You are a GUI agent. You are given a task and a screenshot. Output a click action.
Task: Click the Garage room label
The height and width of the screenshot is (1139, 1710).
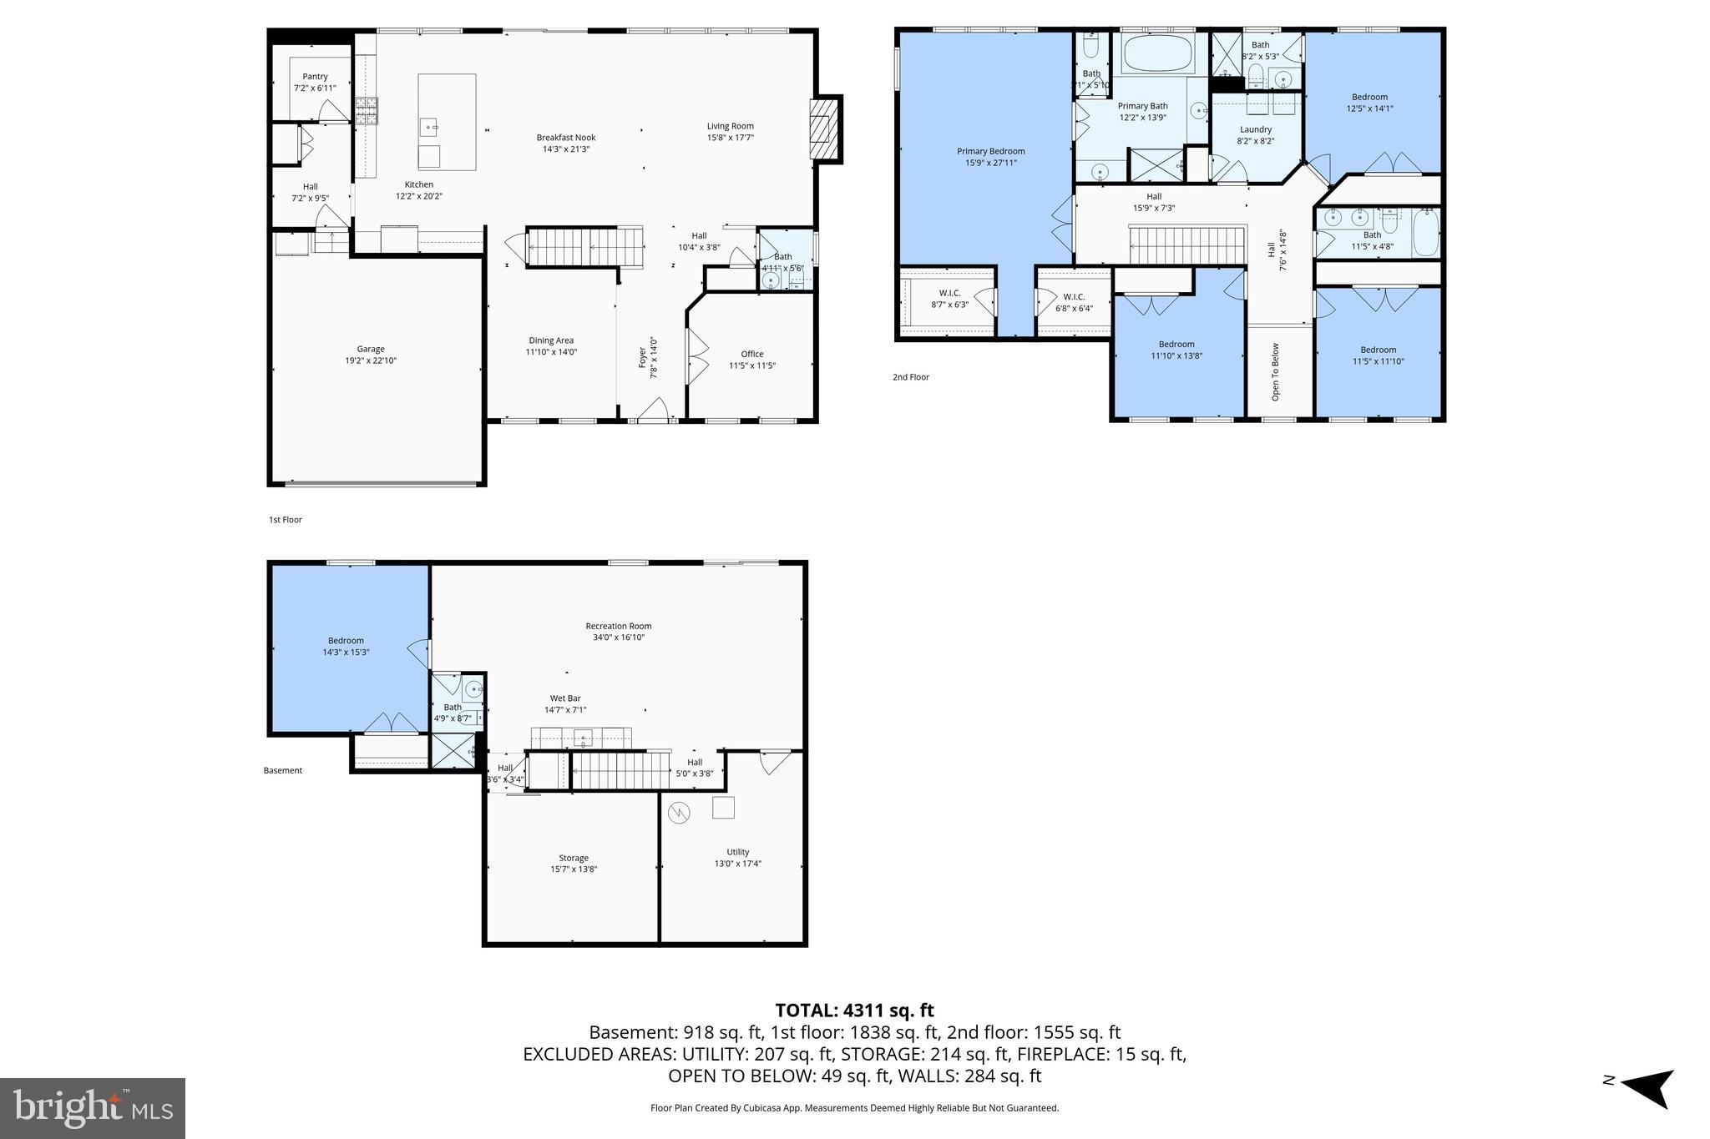pyautogui.click(x=371, y=350)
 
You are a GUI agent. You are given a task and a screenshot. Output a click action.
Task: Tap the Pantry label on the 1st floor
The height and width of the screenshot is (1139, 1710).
pyautogui.click(x=315, y=77)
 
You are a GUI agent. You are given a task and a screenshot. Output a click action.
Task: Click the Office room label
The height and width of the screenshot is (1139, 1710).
pyautogui.click(x=751, y=354)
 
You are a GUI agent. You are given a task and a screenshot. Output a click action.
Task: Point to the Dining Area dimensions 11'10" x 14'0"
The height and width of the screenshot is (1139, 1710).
pyautogui.click(x=551, y=352)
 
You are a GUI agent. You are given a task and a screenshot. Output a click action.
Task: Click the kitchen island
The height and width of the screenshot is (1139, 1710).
pyautogui.click(x=447, y=121)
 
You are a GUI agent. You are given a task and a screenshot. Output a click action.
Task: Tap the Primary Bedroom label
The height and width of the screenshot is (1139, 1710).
pyautogui.click(x=990, y=152)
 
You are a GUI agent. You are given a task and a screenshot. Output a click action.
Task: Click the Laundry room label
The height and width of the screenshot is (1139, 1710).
pyautogui.click(x=1255, y=129)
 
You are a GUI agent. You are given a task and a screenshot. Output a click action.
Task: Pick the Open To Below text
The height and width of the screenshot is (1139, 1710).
pyautogui.click(x=1275, y=371)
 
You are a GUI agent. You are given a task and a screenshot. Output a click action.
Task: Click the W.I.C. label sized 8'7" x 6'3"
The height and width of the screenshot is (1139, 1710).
pyautogui.click(x=949, y=293)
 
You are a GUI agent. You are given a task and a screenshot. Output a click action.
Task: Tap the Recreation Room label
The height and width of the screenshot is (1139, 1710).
pyautogui.click(x=618, y=626)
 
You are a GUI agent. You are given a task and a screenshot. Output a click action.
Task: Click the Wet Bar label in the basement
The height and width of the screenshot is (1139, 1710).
pyautogui.click(x=564, y=698)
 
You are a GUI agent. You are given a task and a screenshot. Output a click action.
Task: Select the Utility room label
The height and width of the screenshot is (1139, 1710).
pyautogui.click(x=737, y=852)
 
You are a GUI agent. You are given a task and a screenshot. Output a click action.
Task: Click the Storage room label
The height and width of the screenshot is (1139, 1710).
pyautogui.click(x=573, y=858)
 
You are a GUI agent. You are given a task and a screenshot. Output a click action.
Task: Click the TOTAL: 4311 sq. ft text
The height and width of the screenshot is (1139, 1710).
pyautogui.click(x=854, y=1010)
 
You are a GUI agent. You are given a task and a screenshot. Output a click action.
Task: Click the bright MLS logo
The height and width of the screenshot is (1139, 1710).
pyautogui.click(x=93, y=1108)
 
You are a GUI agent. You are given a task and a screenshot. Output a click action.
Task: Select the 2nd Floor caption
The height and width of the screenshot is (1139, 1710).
pyautogui.click(x=910, y=377)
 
